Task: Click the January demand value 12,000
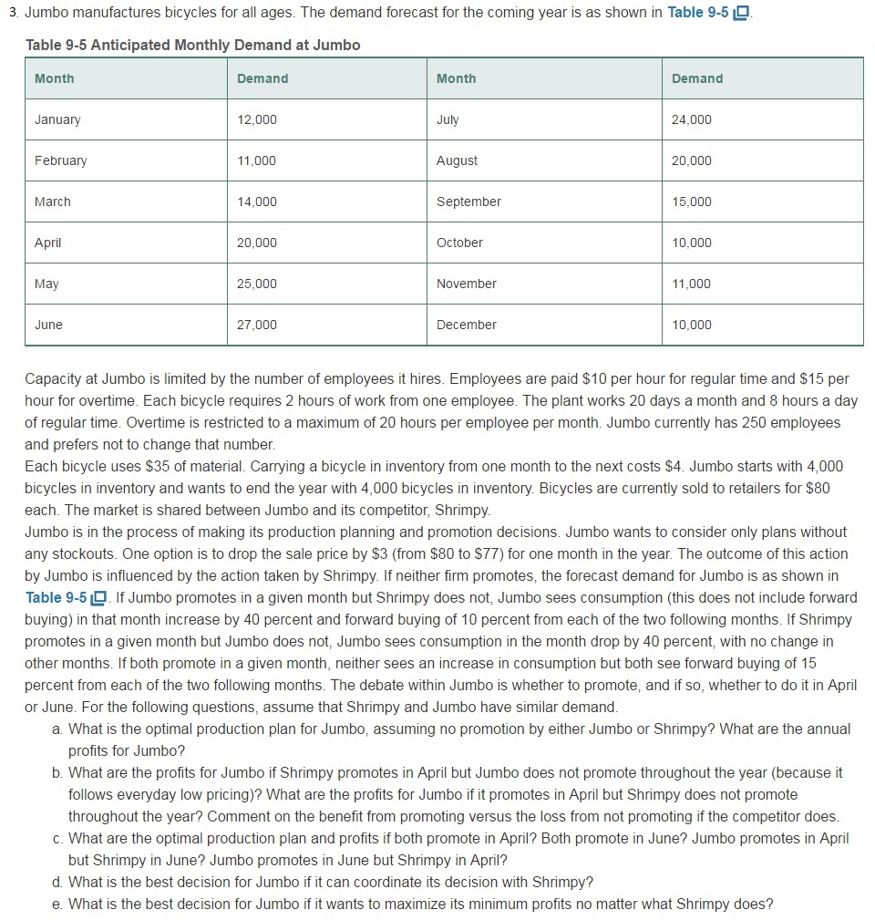tap(257, 119)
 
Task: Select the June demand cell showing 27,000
tap(257, 325)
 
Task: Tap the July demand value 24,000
tap(692, 119)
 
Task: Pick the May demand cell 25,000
tap(257, 284)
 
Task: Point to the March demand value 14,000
tap(257, 202)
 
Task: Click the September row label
tap(468, 202)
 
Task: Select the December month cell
tap(467, 325)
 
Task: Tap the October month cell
tap(459, 243)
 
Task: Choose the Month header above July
tap(456, 78)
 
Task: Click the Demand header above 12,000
tap(262, 78)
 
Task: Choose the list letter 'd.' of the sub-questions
tap(58, 882)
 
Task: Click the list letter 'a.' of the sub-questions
tap(58, 729)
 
